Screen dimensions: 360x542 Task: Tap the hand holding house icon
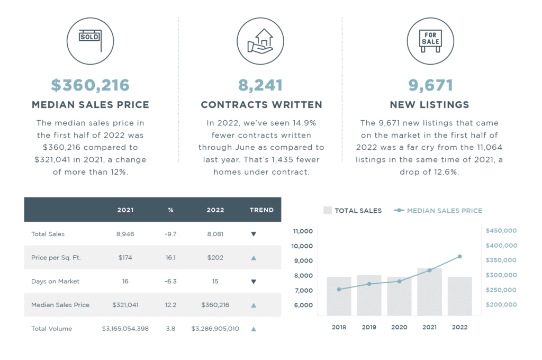260,41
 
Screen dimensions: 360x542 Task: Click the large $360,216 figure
90,85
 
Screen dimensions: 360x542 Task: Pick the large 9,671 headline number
429,85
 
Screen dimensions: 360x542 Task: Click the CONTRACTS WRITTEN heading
261,105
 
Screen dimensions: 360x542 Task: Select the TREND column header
261,210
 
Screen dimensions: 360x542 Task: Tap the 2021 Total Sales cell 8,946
125,234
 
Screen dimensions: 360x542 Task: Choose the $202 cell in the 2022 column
215,258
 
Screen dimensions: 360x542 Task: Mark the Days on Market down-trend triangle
254,282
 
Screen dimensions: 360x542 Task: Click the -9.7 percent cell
170,234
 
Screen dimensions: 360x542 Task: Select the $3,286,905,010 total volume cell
215,329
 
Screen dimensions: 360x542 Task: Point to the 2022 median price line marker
459,256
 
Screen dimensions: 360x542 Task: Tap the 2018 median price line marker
339,289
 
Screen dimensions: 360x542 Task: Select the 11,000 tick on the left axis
303,231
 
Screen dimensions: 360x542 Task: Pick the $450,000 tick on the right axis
501,231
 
